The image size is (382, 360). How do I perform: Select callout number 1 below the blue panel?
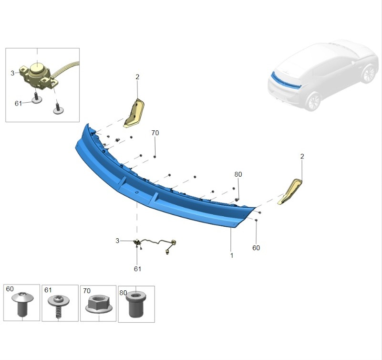(x=232, y=255)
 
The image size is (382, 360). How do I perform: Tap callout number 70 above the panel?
(x=155, y=133)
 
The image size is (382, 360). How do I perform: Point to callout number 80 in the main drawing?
(x=238, y=174)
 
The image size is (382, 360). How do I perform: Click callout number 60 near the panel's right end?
(x=256, y=248)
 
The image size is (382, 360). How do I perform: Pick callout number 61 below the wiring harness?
(x=137, y=269)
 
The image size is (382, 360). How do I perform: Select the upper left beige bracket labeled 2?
(x=134, y=113)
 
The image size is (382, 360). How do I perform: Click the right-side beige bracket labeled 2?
(x=290, y=191)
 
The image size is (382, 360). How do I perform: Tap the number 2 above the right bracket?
(x=302, y=156)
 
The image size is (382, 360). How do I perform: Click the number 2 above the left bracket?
(x=137, y=77)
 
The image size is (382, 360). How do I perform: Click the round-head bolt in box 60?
(x=22, y=304)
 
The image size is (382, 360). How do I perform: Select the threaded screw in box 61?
(x=59, y=306)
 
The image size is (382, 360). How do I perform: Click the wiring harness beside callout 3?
(x=156, y=244)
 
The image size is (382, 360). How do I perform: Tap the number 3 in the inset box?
(x=12, y=73)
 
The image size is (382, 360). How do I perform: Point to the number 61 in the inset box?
(x=18, y=104)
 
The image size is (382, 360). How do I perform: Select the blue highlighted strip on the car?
(x=286, y=81)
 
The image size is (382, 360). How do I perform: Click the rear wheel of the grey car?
(x=314, y=102)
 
